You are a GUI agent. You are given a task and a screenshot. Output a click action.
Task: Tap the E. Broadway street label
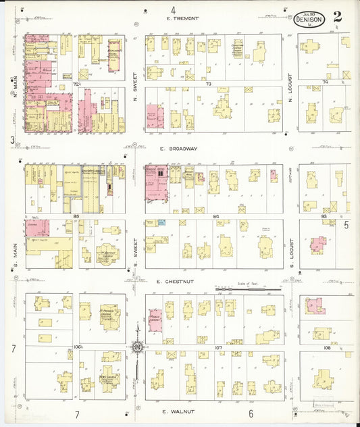click(x=179, y=149)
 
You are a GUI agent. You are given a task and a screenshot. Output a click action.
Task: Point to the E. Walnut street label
click(x=179, y=411)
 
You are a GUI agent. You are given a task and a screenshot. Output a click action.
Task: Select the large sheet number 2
click(x=337, y=17)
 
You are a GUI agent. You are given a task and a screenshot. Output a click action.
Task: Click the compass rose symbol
click(x=137, y=347)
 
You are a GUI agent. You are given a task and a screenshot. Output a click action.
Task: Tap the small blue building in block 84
click(x=161, y=222)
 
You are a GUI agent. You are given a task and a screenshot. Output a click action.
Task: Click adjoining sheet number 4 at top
click(x=174, y=9)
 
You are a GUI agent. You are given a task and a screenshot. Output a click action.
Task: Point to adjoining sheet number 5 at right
click(x=346, y=225)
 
